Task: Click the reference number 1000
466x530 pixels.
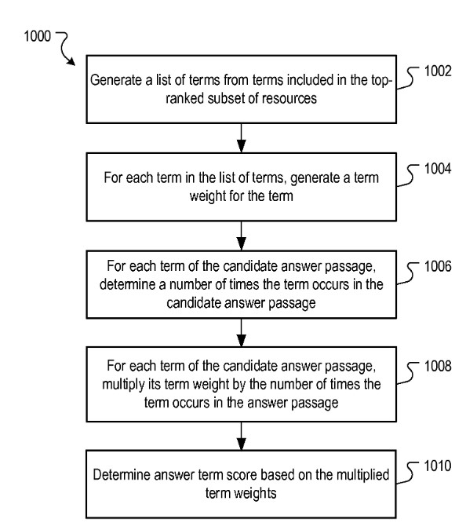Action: [x=37, y=36]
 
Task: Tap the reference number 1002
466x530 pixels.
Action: [x=438, y=71]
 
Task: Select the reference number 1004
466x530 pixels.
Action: [x=438, y=169]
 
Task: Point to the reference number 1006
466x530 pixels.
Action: [x=438, y=266]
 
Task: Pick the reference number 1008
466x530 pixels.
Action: [x=438, y=366]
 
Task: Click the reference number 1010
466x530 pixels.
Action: [x=438, y=466]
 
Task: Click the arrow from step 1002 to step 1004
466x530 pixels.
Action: [x=241, y=138]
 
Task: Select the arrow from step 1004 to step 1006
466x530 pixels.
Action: [x=241, y=236]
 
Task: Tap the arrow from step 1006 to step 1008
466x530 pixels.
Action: [x=241, y=333]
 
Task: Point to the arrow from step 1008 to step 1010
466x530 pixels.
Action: [x=241, y=436]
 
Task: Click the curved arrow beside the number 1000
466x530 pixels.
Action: [x=66, y=48]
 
